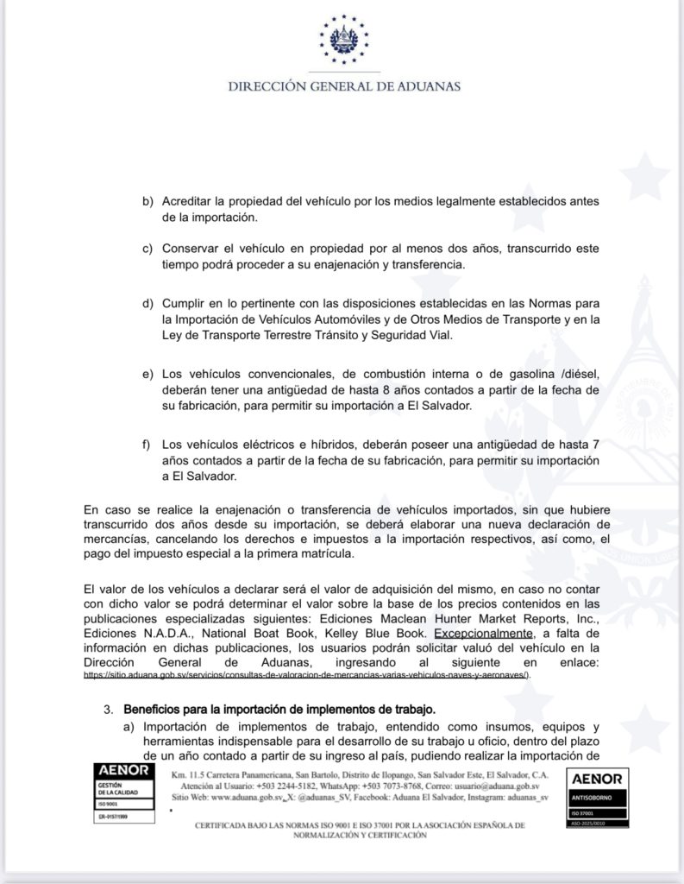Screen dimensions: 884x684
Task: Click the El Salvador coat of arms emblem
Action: (343, 41)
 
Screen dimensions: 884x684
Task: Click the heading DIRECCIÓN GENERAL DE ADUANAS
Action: (343, 86)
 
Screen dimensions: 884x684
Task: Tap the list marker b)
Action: (148, 201)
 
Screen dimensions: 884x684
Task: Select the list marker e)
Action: (148, 373)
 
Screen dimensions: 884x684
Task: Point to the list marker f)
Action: (148, 445)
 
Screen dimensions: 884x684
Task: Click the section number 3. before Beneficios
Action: (108, 710)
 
